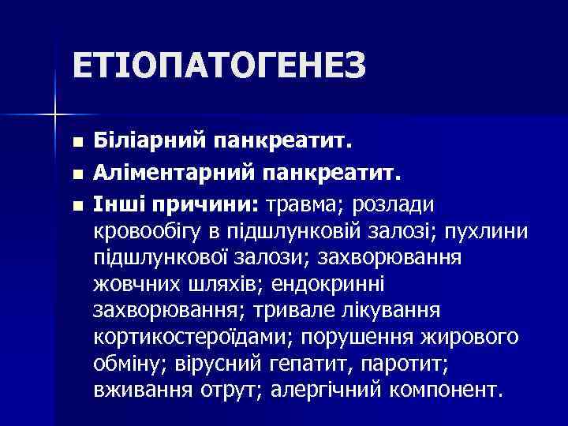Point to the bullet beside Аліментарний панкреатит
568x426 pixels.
click(x=76, y=171)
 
